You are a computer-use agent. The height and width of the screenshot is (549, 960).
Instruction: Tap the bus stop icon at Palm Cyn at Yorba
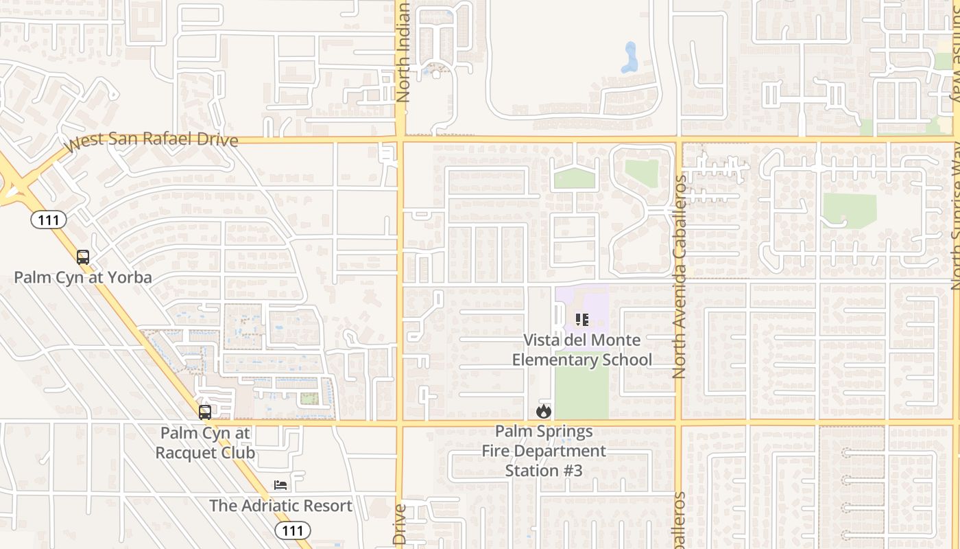point(83,257)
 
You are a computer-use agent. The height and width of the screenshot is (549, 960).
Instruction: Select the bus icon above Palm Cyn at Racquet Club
point(205,412)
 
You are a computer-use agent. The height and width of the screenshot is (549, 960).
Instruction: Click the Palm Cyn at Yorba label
point(83,278)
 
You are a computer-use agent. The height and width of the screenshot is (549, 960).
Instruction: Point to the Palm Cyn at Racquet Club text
point(205,443)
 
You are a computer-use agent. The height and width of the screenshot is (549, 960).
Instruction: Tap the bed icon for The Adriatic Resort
point(280,485)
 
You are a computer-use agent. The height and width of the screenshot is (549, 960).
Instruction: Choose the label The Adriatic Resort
point(280,506)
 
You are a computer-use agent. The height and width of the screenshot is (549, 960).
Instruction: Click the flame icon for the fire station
point(544,411)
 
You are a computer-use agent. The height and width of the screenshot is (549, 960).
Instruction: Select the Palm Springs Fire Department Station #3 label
point(544,451)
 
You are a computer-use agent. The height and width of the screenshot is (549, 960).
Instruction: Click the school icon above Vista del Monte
point(582,319)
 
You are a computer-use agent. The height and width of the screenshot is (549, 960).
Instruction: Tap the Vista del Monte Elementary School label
point(582,350)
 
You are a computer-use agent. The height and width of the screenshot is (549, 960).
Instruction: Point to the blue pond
point(629,58)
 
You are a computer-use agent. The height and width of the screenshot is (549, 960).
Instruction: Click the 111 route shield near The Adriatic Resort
point(293,530)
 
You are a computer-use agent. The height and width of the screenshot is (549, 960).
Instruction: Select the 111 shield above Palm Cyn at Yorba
point(48,220)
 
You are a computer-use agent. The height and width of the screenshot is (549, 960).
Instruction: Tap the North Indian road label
point(403,53)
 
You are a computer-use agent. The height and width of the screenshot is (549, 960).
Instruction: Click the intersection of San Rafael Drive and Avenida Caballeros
point(678,141)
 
